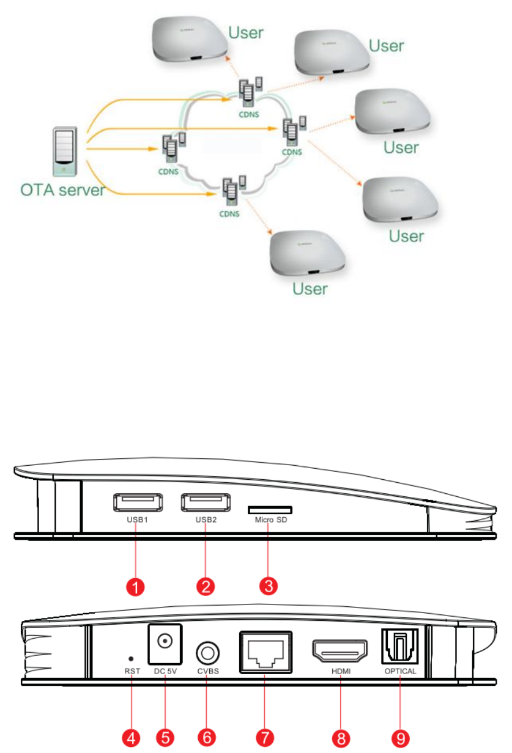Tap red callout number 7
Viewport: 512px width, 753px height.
(265, 738)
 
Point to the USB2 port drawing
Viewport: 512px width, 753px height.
(202, 502)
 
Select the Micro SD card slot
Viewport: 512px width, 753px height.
(270, 509)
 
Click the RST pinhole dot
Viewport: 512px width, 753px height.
(131, 658)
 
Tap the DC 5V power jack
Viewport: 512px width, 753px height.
(164, 643)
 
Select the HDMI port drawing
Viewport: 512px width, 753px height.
(340, 650)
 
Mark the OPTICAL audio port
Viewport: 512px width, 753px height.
(400, 648)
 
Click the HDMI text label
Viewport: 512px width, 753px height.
(340, 671)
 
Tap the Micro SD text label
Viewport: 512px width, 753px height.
(270, 521)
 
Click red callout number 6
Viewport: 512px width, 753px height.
(206, 738)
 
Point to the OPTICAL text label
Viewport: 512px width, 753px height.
(400, 671)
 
